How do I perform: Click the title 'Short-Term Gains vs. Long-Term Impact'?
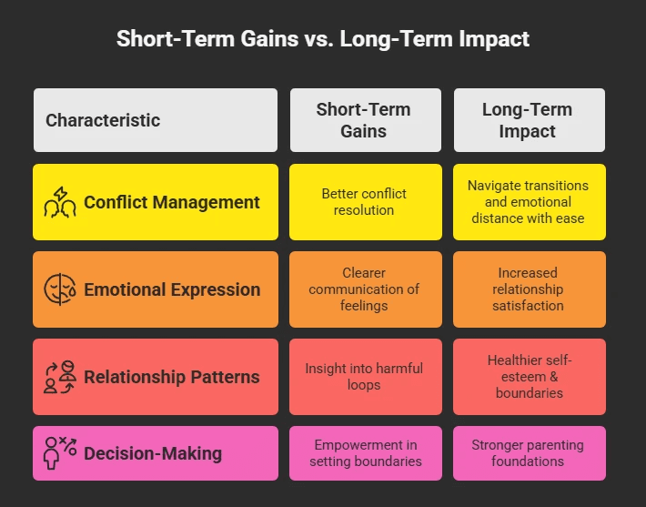click(x=323, y=39)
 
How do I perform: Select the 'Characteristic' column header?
click(x=103, y=120)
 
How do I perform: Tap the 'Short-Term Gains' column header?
click(x=364, y=120)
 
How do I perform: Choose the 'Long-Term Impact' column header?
click(x=528, y=120)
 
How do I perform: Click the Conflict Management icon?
click(x=61, y=202)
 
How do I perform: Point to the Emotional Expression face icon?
click(x=61, y=289)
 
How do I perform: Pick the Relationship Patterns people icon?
click(x=61, y=377)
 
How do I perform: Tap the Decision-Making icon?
click(x=61, y=453)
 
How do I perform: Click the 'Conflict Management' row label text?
click(x=172, y=202)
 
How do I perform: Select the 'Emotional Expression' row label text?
click(x=172, y=289)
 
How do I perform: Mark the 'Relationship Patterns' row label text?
click(x=172, y=377)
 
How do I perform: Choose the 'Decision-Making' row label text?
click(x=153, y=453)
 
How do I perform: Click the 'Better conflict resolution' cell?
click(x=364, y=202)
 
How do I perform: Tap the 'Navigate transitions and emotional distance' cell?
click(x=528, y=202)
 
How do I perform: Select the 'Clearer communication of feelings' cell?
click(x=364, y=289)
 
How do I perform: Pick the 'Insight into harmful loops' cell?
click(x=364, y=377)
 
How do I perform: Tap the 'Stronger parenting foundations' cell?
click(x=528, y=453)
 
